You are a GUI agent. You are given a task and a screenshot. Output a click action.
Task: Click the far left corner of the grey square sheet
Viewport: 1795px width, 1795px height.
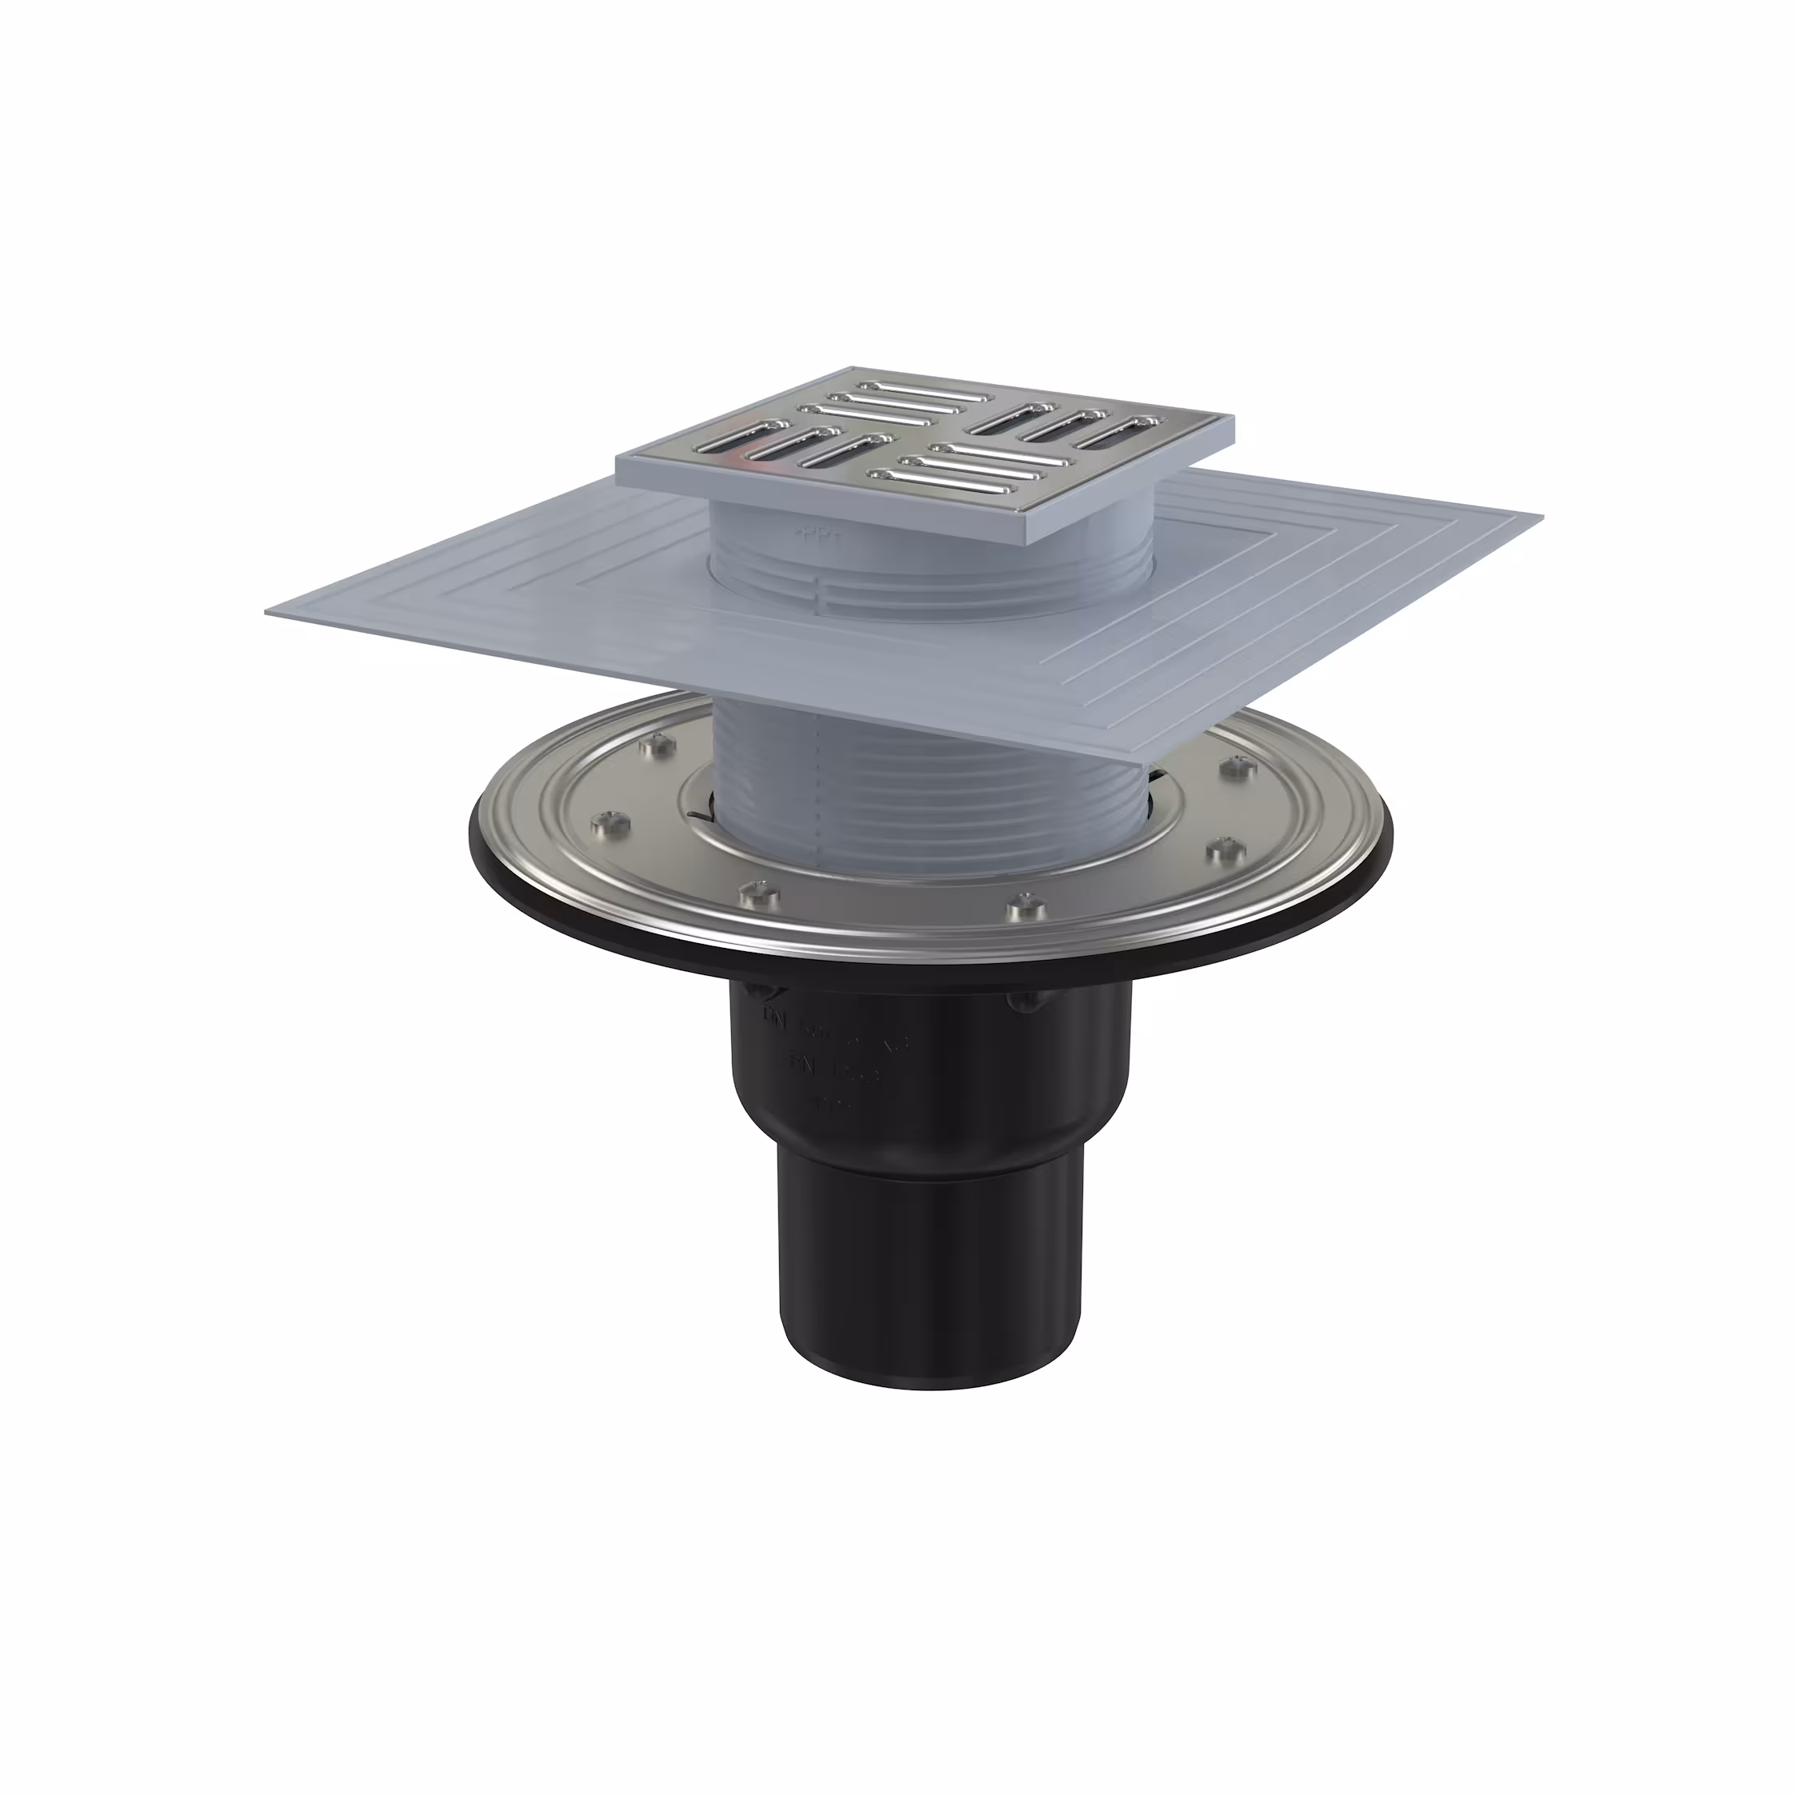[270, 612]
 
